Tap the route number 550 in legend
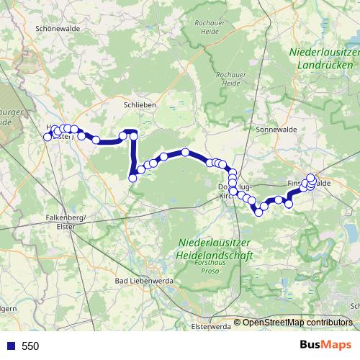coord(30,346)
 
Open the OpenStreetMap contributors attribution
coord(297,323)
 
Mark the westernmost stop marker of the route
coord(48,136)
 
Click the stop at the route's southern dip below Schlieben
coord(132,179)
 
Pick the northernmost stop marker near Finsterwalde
coord(311,177)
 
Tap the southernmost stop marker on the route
coord(258,212)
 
